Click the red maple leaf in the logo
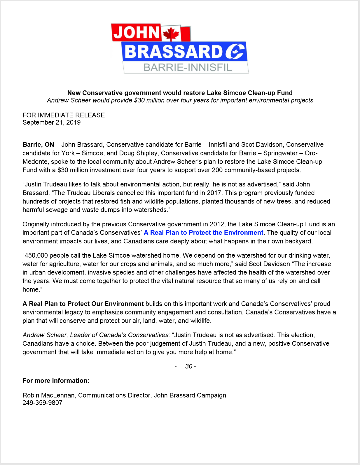[x=171, y=34]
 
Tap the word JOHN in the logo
[x=137, y=32]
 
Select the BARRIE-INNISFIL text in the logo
[x=188, y=68]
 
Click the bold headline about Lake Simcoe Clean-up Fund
[x=180, y=93]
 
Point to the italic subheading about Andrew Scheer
[x=180, y=100]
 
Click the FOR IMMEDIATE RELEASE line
[x=64, y=115]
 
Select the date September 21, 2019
[x=51, y=123]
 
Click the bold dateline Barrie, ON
[x=38, y=145]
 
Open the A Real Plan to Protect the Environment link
[x=203, y=233]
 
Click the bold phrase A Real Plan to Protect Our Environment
[x=83, y=304]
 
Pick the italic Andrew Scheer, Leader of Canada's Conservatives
[x=96, y=335]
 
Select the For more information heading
[x=56, y=381]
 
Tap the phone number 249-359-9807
[x=42, y=403]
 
